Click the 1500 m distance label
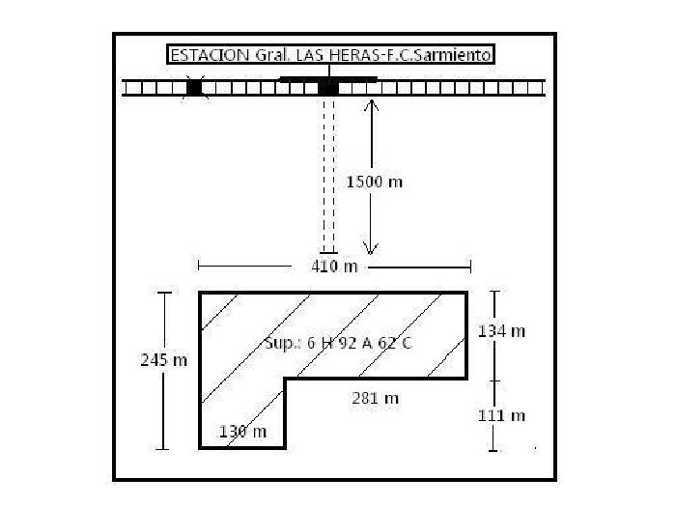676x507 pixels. pyautogui.click(x=375, y=182)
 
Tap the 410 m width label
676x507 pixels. pyautogui.click(x=334, y=267)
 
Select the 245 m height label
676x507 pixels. pyautogui.click(x=164, y=360)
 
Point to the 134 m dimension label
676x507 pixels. pyautogui.click(x=501, y=331)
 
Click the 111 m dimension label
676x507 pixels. pyautogui.click(x=501, y=416)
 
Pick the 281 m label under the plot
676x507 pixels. pyautogui.click(x=375, y=398)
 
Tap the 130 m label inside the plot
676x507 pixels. pyautogui.click(x=242, y=432)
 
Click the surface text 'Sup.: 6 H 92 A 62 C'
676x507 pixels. pyautogui.click(x=338, y=343)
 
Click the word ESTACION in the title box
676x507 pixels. pyautogui.click(x=210, y=55)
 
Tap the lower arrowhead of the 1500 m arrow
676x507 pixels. pyautogui.click(x=370, y=253)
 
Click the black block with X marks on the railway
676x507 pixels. pyautogui.click(x=195, y=88)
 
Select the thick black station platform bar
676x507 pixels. pyautogui.click(x=328, y=79)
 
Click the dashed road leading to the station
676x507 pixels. pyautogui.click(x=328, y=175)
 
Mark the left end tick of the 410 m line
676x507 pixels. pyautogui.click(x=198, y=266)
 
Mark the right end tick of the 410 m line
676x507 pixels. pyautogui.click(x=471, y=267)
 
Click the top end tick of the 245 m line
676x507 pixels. pyautogui.click(x=164, y=293)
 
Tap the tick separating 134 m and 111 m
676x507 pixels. pyautogui.click(x=494, y=381)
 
